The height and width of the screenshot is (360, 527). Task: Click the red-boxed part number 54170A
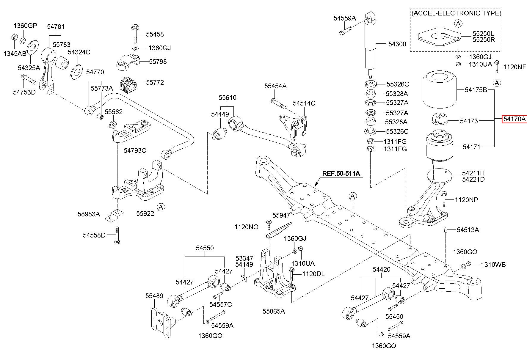(515, 119)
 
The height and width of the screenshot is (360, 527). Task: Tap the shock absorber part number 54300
(397, 44)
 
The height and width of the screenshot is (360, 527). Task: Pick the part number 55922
(145, 213)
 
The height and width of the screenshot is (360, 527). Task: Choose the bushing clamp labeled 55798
(128, 62)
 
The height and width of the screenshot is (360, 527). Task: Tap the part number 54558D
(94, 235)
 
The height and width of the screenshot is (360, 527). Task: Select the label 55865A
(274, 311)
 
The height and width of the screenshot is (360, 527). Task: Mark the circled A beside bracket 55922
(161, 207)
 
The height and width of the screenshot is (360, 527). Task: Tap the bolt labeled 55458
(134, 34)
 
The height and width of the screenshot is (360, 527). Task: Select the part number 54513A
(468, 230)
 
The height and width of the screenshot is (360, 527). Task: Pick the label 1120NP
(466, 200)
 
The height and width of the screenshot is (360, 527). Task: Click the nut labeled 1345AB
(14, 37)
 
